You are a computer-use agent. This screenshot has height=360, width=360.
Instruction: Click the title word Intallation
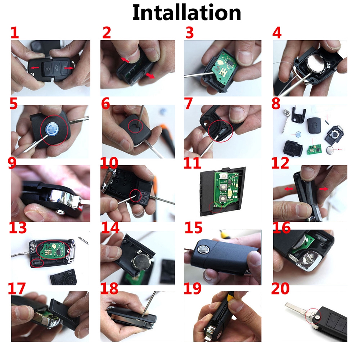coord(186,13)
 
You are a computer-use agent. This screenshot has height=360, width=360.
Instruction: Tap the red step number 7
coord(188,104)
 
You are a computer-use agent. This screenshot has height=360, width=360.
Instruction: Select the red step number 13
coord(18,228)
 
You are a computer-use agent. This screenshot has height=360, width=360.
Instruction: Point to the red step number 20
coord(280,289)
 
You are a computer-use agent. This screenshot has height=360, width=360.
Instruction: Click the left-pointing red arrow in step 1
coord(35,68)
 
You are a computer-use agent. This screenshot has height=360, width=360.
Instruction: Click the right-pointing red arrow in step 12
coord(324,189)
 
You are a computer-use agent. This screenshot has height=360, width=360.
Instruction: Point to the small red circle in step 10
coord(136,196)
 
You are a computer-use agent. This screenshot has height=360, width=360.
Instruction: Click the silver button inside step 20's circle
coord(317,318)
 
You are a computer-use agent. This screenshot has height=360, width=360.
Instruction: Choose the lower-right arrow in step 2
coord(150,75)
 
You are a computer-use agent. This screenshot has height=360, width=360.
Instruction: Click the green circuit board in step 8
coord(314,149)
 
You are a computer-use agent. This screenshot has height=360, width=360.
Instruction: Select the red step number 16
coord(282,228)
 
